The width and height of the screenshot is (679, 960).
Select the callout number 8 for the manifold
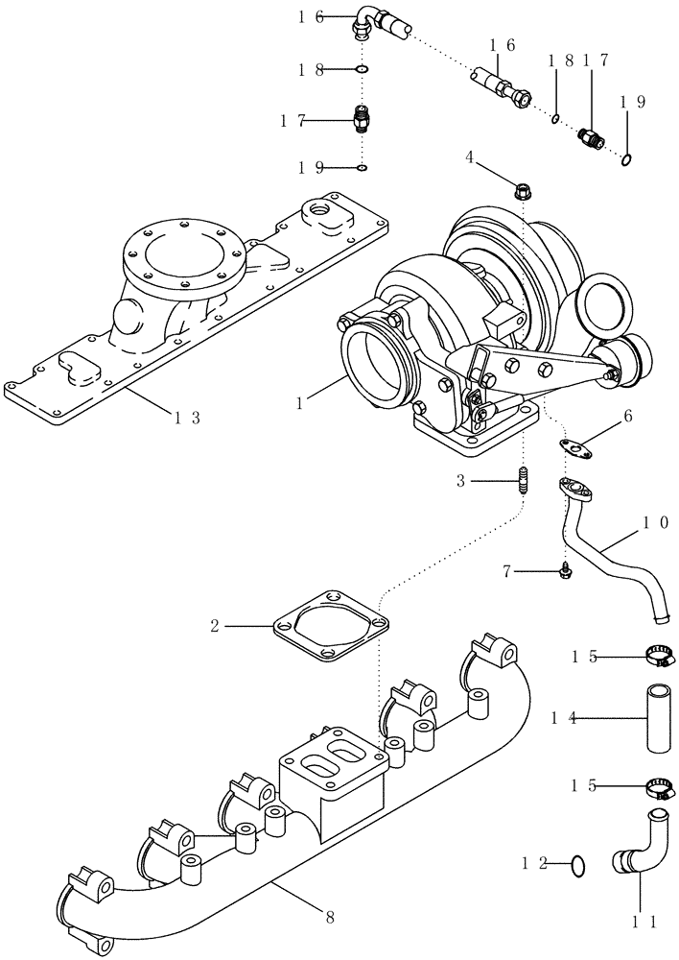330,917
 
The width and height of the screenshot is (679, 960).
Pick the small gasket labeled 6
574,445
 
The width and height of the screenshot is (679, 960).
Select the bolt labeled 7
567,571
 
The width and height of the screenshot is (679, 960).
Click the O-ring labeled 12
576,865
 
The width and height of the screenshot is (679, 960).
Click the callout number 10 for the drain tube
655,524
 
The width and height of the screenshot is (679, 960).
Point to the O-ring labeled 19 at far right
625,158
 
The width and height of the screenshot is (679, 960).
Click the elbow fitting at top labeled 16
366,19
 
